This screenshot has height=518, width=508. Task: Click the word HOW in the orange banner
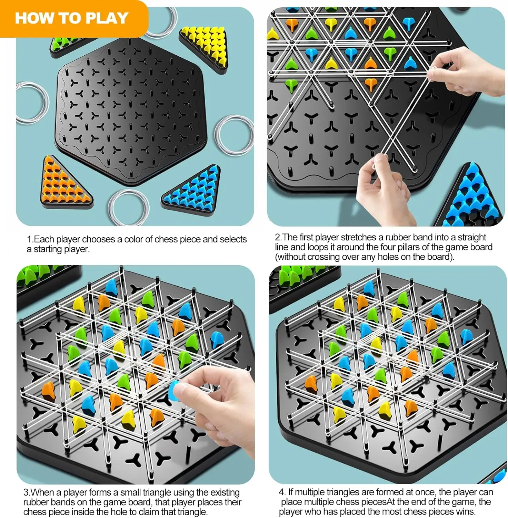pyautogui.click(x=32, y=18)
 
